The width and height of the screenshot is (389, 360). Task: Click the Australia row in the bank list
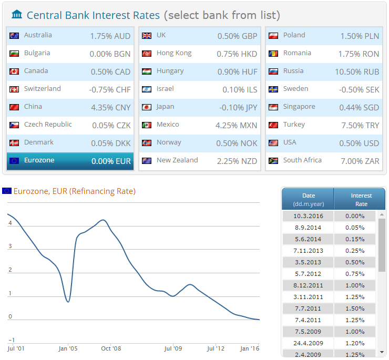(70, 36)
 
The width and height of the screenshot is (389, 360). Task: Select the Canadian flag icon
(14, 71)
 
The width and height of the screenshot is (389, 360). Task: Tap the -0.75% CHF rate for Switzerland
(109, 89)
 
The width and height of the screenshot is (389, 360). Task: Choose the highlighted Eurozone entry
(70, 161)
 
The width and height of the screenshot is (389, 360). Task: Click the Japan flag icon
(147, 107)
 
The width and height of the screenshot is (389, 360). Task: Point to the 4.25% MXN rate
(237, 125)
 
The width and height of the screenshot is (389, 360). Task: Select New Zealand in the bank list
(177, 160)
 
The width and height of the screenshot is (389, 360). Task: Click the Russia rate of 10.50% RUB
(357, 71)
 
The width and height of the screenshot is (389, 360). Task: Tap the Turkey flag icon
(273, 125)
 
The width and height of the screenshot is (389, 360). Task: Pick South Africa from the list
(302, 160)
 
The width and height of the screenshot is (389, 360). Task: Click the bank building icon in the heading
(17, 15)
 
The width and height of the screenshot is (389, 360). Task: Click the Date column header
(309, 199)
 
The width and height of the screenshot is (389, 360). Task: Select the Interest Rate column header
(361, 199)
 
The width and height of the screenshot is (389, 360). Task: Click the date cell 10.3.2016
(309, 216)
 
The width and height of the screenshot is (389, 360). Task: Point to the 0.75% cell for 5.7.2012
(355, 274)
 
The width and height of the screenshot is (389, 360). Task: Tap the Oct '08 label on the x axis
(111, 348)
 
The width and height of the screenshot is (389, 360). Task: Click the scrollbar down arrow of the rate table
(382, 352)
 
